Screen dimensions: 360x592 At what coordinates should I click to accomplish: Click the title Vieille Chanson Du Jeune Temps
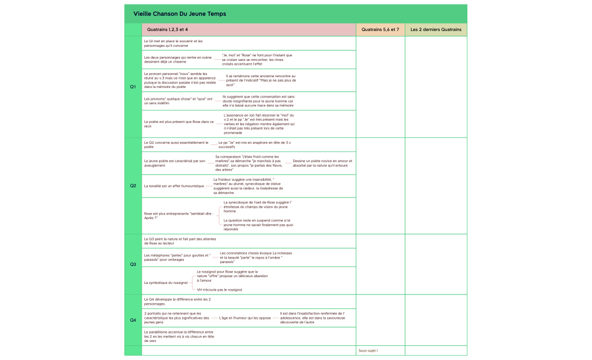tap(180, 14)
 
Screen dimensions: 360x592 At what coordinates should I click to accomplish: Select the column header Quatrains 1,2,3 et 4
tap(167, 29)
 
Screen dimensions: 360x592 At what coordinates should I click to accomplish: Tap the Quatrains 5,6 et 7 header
tap(380, 29)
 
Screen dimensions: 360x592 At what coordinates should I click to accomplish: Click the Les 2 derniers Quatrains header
tap(436, 29)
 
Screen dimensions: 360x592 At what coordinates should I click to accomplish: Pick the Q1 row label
tap(133, 87)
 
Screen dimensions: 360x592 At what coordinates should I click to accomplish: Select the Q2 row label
tap(133, 185)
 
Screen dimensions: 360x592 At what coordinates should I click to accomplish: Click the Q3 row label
tap(133, 264)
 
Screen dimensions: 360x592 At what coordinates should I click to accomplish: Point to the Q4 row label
tap(133, 319)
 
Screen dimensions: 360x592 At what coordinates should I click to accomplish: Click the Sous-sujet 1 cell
tap(368, 350)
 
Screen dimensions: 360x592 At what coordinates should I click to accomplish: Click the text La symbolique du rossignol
tap(166, 282)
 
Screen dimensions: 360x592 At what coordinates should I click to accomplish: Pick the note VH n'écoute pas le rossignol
tap(219, 290)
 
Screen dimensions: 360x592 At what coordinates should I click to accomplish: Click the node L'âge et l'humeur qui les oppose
tap(245, 318)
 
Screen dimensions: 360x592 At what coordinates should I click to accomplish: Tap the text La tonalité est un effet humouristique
tap(174, 185)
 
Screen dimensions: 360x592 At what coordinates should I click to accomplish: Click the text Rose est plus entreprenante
tap(174, 215)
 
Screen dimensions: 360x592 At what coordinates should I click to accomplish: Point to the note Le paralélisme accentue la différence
tap(179, 336)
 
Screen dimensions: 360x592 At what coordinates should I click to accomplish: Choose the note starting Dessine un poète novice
tap(322, 163)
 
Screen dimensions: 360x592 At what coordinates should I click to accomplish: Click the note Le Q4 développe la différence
tap(178, 301)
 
